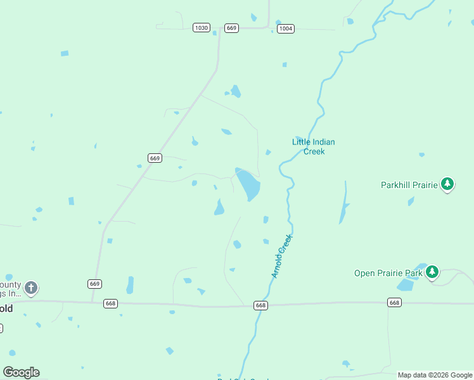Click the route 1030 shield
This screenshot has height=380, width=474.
pos(202,28)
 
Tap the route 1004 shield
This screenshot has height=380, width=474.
pos(286,28)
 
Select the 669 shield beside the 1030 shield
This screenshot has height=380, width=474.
pos(231,28)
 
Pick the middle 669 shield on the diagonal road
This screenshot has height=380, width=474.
pos(155,158)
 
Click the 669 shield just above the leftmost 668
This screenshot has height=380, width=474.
pos(94,284)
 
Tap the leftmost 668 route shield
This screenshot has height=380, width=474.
pos(111,304)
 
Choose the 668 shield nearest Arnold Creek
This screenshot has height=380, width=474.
pos(260,305)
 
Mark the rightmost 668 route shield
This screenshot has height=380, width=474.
pos(394,303)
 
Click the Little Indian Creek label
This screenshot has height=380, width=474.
pos(313,146)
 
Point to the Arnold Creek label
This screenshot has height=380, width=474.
pos(282,256)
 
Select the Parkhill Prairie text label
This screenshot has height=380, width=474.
pos(409,185)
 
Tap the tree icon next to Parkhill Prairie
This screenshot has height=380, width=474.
pos(448,184)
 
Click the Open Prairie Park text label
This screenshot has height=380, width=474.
pos(388,274)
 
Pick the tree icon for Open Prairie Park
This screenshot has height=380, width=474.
pos(432,272)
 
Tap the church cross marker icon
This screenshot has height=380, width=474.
pos(31,288)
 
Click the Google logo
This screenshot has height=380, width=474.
pos(21,372)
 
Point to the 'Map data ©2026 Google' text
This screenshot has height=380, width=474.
pos(435,375)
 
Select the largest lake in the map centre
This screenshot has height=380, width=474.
pos(248,184)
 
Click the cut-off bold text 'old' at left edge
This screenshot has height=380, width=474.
pos(6,309)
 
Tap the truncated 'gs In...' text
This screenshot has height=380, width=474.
pos(11,293)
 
